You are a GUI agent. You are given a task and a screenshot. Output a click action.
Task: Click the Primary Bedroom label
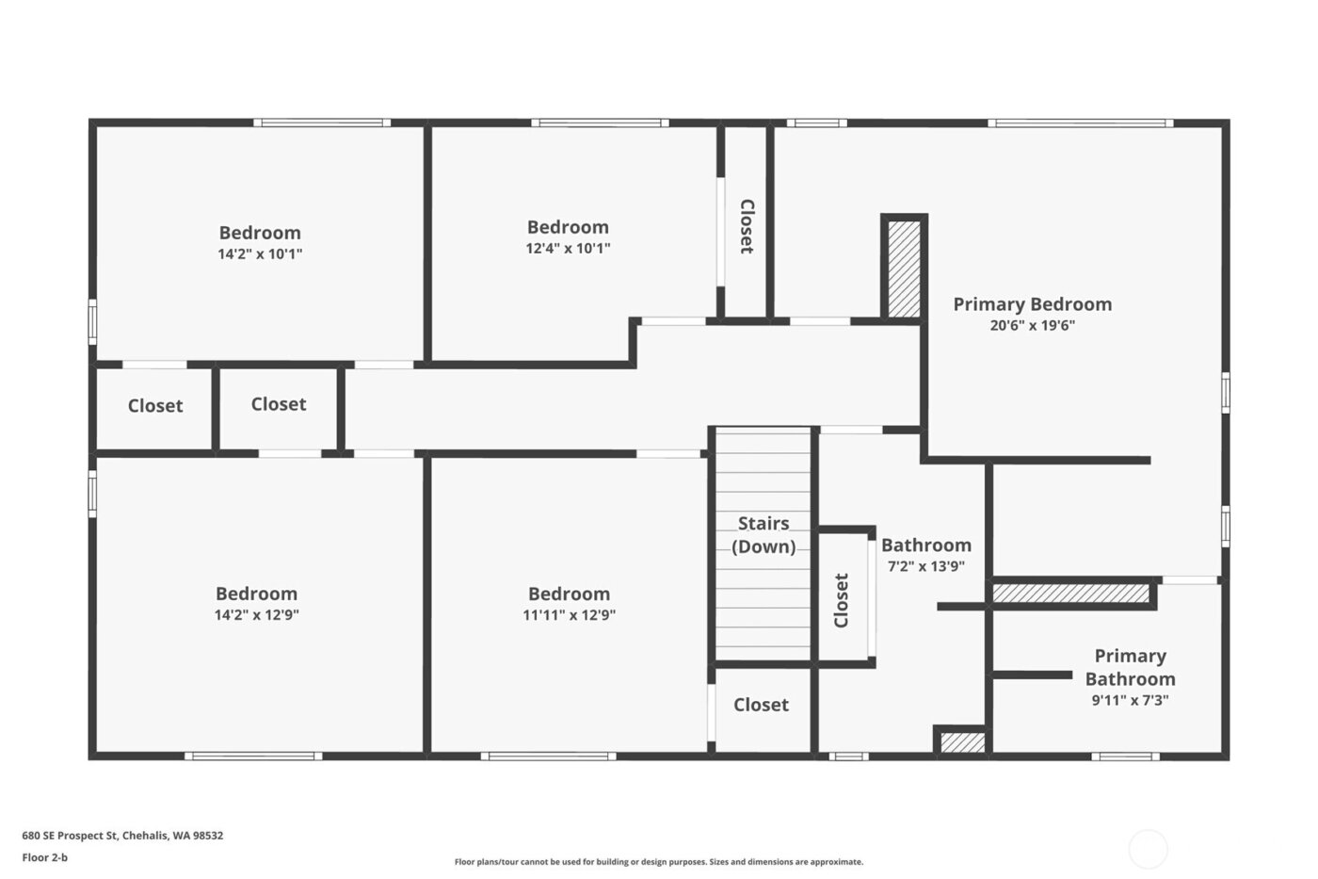(x=1032, y=304)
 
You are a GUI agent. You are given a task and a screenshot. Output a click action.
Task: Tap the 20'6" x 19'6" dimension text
(x=1032, y=326)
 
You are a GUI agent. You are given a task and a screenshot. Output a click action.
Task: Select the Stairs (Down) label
(x=763, y=535)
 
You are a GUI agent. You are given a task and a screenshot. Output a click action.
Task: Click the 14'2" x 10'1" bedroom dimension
(x=260, y=253)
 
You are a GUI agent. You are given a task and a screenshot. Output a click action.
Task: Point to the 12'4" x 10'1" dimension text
(x=568, y=249)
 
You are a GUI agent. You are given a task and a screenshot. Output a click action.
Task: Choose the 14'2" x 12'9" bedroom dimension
(x=256, y=615)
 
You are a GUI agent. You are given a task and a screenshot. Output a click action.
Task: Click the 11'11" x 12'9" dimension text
(x=569, y=615)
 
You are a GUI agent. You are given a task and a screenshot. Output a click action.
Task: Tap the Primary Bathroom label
(x=1130, y=667)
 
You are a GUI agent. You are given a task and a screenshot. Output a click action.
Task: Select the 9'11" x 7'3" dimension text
(x=1130, y=700)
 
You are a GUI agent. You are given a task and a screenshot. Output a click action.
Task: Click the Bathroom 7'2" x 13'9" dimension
(x=926, y=567)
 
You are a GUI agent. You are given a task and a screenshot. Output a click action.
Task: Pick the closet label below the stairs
(x=761, y=705)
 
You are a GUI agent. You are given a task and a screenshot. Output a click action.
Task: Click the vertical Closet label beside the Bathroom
(x=842, y=600)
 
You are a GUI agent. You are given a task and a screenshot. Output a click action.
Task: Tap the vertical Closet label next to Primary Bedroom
(x=747, y=226)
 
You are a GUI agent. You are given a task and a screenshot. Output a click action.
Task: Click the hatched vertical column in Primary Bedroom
(x=905, y=269)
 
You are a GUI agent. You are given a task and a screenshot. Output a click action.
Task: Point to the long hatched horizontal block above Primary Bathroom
(x=1071, y=594)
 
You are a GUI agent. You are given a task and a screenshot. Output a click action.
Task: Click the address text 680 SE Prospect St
(x=122, y=836)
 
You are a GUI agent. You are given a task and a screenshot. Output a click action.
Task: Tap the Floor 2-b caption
(x=45, y=857)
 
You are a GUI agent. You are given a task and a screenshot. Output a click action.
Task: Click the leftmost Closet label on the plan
(x=155, y=406)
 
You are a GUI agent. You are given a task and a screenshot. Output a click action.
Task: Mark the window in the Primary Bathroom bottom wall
(x=1125, y=756)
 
